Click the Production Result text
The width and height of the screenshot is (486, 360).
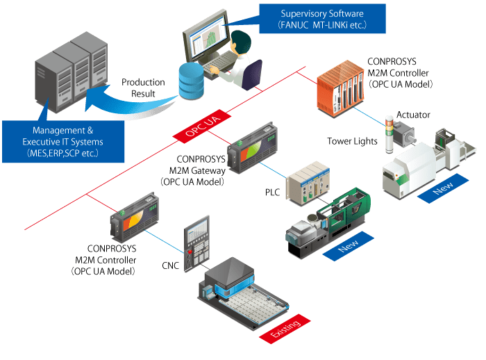pos(143,88)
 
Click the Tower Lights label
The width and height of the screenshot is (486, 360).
pos(352,142)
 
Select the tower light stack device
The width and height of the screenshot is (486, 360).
pos(389,132)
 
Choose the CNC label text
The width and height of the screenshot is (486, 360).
pos(170,265)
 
